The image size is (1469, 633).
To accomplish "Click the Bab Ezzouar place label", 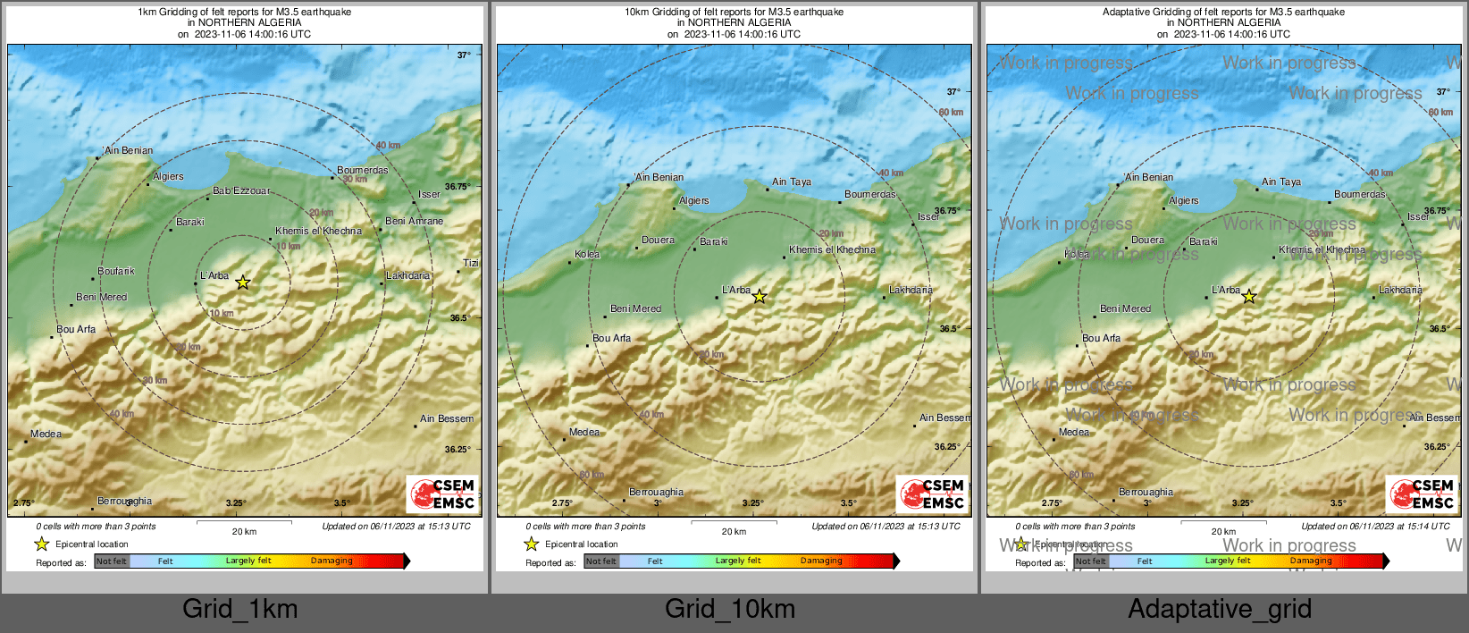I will [240, 190].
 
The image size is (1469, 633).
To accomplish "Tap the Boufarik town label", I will [116, 271].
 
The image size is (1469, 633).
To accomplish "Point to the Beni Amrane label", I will [414, 221].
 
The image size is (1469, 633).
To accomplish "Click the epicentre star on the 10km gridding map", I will [759, 297].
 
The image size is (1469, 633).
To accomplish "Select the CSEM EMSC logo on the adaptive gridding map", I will [1422, 494].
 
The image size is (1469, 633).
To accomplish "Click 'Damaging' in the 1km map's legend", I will [332, 561].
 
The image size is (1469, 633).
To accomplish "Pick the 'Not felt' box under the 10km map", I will [601, 561].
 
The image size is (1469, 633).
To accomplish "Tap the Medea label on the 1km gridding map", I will [46, 434].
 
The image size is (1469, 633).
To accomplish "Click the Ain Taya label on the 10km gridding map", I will [792, 181].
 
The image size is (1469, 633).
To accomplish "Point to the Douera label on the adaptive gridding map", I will [1147, 240].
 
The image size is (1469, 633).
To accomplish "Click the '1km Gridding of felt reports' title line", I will [244, 12].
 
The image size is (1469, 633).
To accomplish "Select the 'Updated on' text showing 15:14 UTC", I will [1375, 526].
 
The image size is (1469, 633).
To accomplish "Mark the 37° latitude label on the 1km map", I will [464, 55].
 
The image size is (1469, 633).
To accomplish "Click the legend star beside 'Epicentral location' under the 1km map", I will [41, 544].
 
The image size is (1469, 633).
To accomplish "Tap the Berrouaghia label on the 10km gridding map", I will [656, 492].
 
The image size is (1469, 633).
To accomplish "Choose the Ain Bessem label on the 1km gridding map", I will [447, 418].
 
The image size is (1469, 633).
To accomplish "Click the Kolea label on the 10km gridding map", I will [587, 254].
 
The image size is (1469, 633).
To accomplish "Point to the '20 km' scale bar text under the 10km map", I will [734, 531].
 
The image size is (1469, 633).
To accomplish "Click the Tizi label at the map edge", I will [471, 263].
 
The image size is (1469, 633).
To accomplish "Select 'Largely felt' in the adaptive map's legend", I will [1227, 561].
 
